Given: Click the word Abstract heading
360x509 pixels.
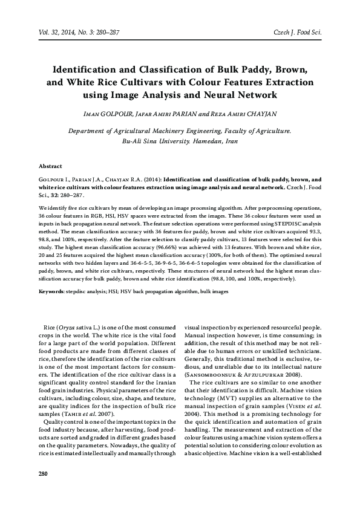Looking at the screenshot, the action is click(50, 165).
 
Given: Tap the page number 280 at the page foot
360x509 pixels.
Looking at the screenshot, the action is click(43, 473).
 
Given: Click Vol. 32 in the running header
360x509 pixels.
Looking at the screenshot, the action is click(49, 31).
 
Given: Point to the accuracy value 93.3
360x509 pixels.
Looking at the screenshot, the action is click(315, 230).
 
